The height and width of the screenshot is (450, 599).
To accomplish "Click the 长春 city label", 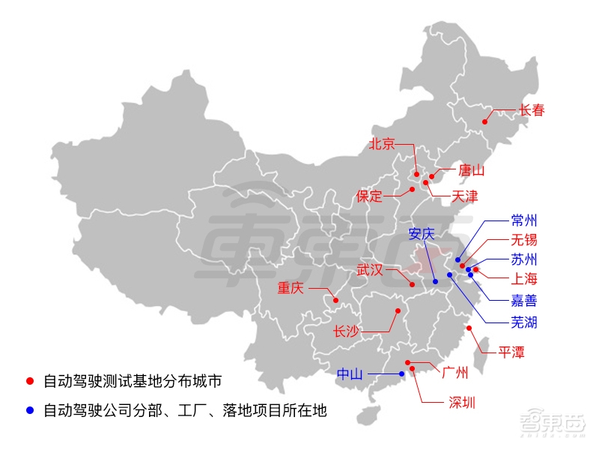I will coord(532,110).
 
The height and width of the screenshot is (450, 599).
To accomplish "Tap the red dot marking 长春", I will coord(485,121).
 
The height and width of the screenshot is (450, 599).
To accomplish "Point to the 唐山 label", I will coord(472,170).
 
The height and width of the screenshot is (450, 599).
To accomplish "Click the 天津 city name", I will coord(464,197).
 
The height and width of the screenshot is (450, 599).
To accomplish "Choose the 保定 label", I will coord(369,196).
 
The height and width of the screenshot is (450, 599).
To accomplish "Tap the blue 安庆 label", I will coord(421,233).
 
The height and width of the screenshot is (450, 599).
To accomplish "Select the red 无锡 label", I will coord(524,240).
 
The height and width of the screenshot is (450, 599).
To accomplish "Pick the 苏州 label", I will coord(524,260).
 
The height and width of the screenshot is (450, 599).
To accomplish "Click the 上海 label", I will coord(524,280).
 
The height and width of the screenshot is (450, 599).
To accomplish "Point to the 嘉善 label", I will coord(524,301).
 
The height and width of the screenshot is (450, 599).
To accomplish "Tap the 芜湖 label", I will coord(524,323).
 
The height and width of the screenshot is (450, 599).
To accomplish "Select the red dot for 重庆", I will coord(336,301).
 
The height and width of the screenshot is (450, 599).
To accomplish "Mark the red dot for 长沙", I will coord(398,310).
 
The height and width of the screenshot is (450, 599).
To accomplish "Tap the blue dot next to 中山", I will coord(402,373).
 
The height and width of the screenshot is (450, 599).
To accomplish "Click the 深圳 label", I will coord(462,402).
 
